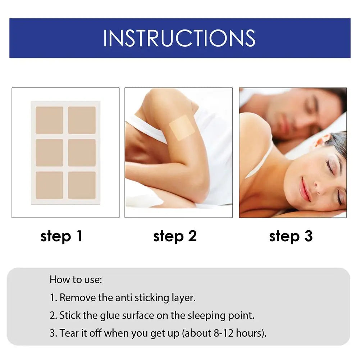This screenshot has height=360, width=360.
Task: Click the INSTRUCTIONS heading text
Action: (x=179, y=38)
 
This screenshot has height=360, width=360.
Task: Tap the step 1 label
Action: (x=61, y=236)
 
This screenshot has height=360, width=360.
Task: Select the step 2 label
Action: (x=175, y=236)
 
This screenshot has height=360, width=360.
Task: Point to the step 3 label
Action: (x=291, y=236)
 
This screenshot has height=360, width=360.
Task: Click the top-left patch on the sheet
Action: (x=49, y=120)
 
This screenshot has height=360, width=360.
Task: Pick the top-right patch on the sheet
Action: (x=82, y=120)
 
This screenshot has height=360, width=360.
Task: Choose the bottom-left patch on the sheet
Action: (x=49, y=185)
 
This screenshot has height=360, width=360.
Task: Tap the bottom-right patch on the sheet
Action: (x=82, y=185)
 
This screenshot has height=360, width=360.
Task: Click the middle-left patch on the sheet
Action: (x=49, y=153)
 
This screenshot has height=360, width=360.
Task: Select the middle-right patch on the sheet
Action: (x=82, y=153)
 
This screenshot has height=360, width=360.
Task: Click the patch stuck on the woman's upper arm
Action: (x=182, y=127)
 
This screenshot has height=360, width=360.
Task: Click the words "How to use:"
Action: (x=76, y=279)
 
